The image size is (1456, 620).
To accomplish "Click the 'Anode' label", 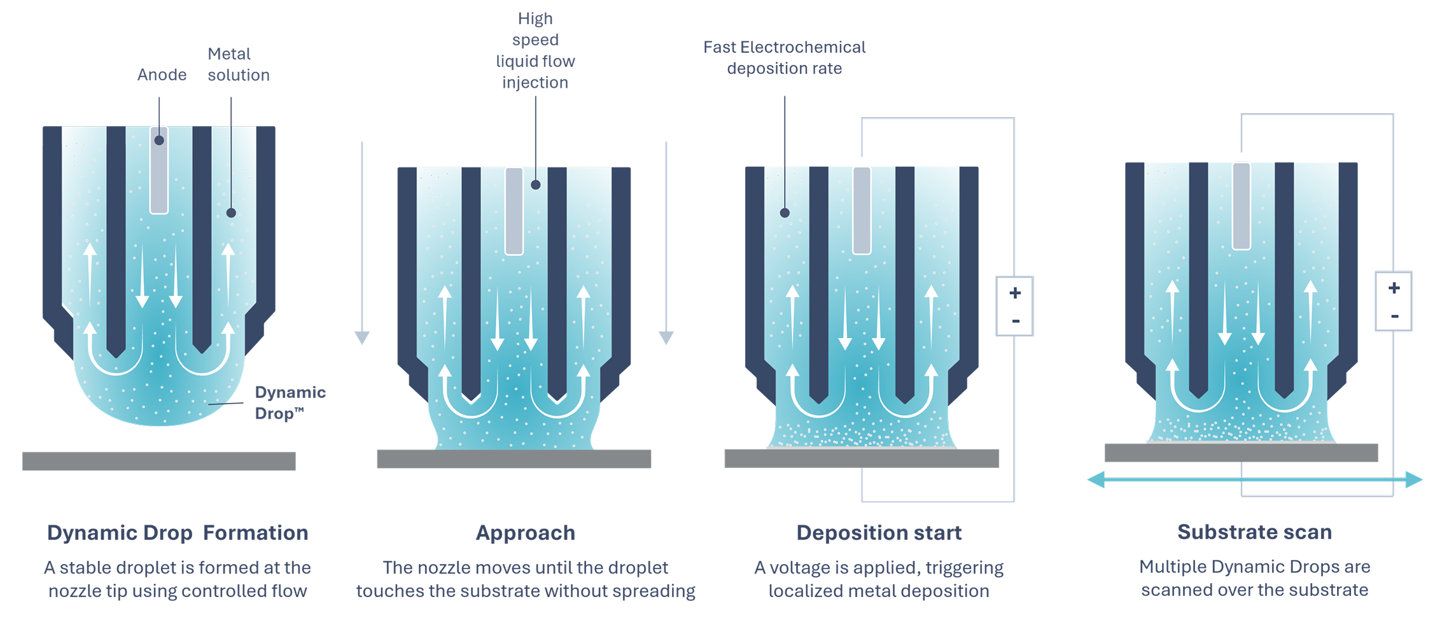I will pyautogui.click(x=162, y=75).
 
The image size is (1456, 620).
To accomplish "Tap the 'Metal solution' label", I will pyautogui.click(x=238, y=64).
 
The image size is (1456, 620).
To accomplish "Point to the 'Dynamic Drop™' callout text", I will pyautogui.click(x=290, y=402).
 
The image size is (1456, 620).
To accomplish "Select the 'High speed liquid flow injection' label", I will pyautogui.click(x=535, y=50).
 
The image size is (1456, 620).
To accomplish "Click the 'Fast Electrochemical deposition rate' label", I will pyautogui.click(x=784, y=58).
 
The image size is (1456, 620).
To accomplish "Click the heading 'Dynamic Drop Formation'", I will pyautogui.click(x=178, y=533).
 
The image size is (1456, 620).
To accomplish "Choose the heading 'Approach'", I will pyautogui.click(x=526, y=533).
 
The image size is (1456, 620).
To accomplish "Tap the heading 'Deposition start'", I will pyautogui.click(x=879, y=533).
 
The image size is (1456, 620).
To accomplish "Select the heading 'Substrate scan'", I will pyautogui.click(x=1254, y=532).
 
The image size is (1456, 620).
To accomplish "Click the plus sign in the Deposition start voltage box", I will pyautogui.click(x=1015, y=293).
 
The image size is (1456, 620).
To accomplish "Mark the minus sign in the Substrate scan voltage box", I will pyautogui.click(x=1394, y=316).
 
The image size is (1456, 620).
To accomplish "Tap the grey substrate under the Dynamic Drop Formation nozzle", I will pyautogui.click(x=158, y=461).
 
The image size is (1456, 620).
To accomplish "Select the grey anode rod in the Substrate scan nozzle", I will pyautogui.click(x=1242, y=206).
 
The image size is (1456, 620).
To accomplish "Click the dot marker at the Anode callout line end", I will pyautogui.click(x=159, y=140).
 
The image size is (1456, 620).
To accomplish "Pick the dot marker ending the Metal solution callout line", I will pyautogui.click(x=231, y=213).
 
